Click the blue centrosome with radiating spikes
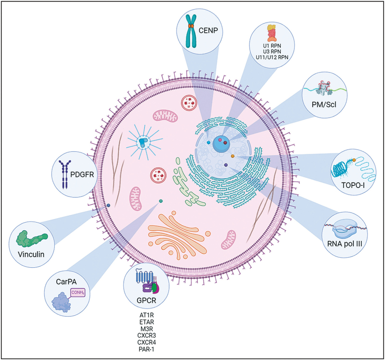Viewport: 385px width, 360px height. click(x=142, y=142)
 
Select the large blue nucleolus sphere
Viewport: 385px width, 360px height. click(x=221, y=143)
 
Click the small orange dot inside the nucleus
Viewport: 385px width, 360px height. click(x=232, y=156)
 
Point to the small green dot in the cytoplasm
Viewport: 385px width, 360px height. click(x=161, y=201)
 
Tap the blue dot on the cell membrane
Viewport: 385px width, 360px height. click(x=108, y=205)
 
